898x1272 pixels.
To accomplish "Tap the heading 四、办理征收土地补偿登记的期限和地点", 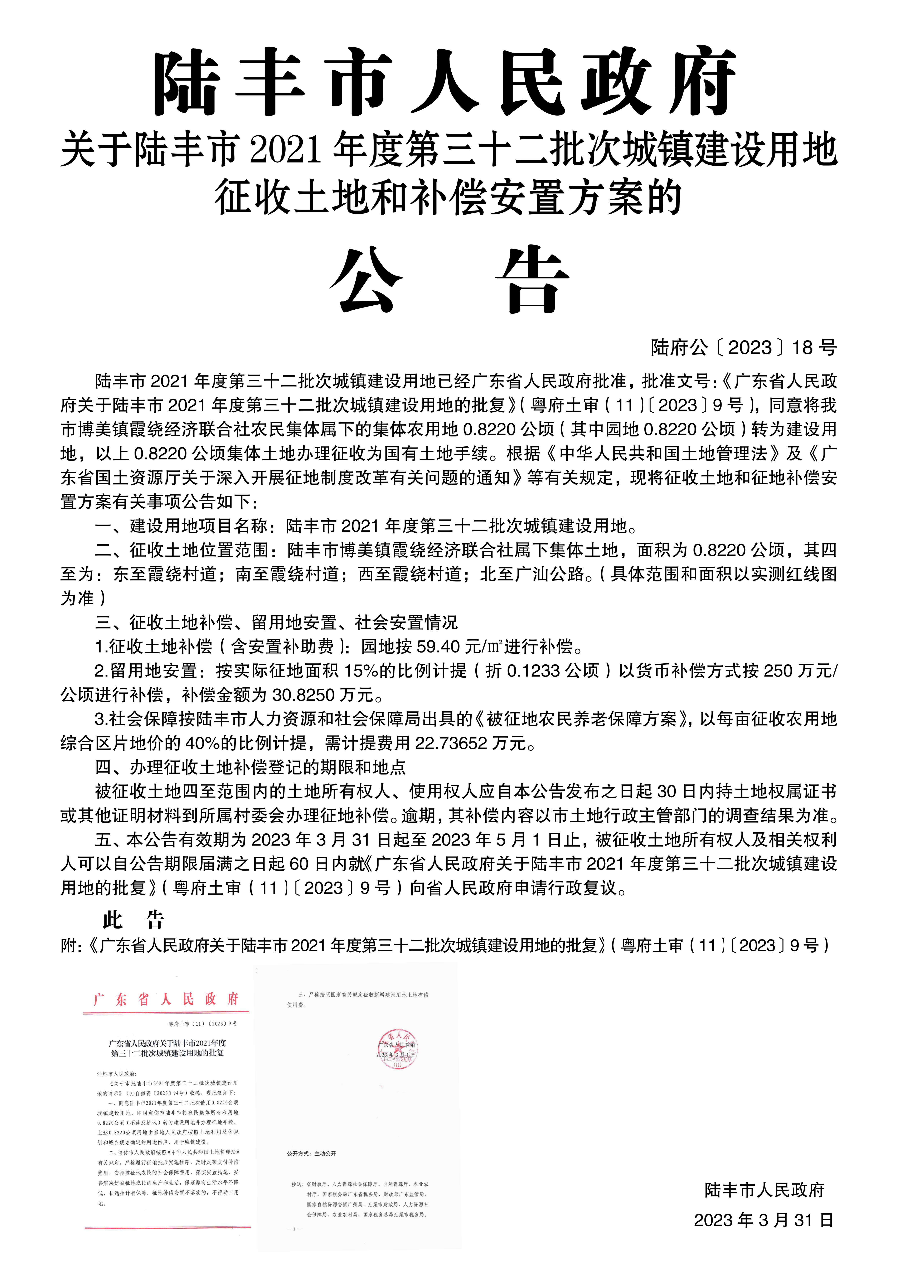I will pyautogui.click(x=250, y=767).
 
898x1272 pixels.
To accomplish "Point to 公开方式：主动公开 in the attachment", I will pyautogui.click(x=311, y=1153).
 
